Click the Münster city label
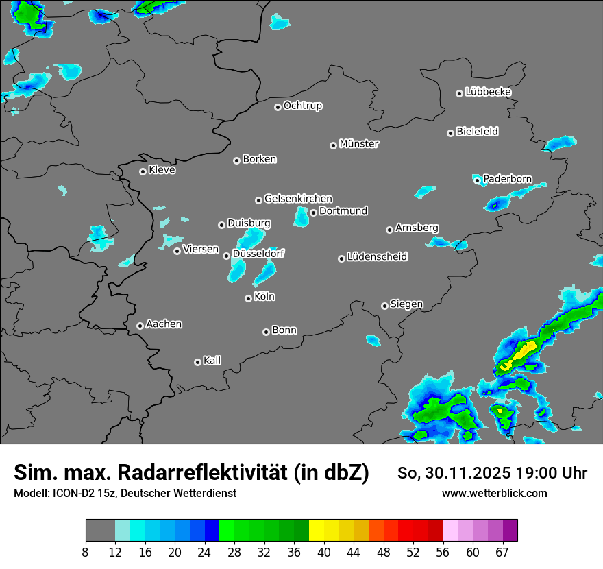tap(358, 144)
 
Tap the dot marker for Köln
tap(248, 298)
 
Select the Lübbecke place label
tap(488, 92)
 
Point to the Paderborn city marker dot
tap(477, 180)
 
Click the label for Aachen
tap(164, 324)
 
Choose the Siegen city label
tap(406, 304)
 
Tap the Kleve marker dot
tap(143, 171)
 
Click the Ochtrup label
tap(302, 106)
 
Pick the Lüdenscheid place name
tap(377, 257)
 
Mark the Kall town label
tap(212, 361)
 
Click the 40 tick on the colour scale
tap(324, 552)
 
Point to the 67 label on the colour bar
tap(502, 552)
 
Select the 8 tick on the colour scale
tap(86, 552)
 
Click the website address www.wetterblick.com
tap(494, 493)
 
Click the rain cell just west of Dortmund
tap(301, 217)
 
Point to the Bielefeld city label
tap(477, 132)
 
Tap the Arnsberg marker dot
tap(389, 230)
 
